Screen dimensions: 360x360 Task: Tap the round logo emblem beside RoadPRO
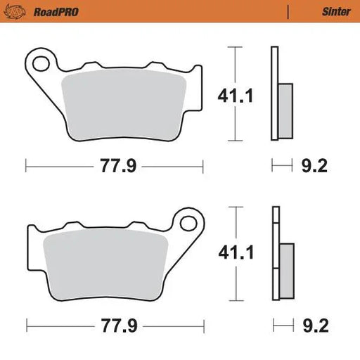pos(17,11)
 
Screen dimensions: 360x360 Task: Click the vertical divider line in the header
pos(288,11)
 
